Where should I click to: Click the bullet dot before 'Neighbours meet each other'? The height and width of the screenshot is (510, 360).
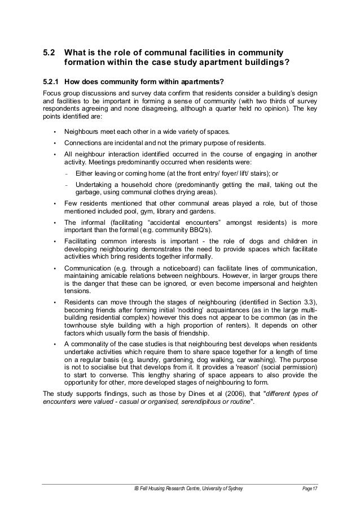(x=55, y=132)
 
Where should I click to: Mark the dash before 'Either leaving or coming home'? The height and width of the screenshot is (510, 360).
(x=67, y=175)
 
